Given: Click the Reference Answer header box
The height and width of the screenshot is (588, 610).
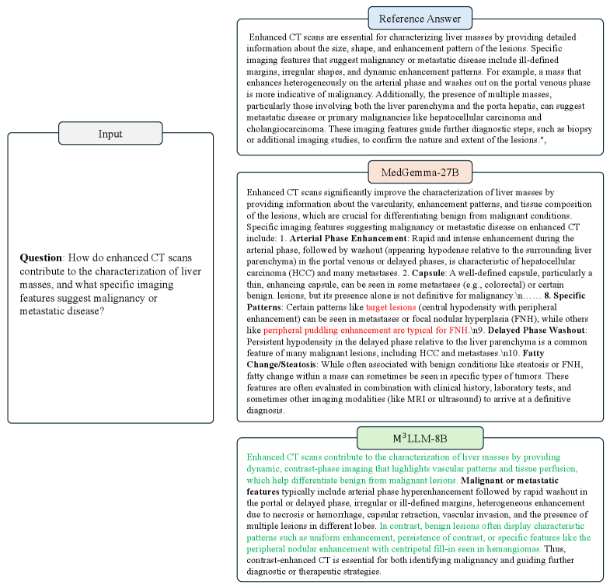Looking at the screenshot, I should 420,19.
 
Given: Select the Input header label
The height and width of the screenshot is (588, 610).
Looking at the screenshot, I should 110,134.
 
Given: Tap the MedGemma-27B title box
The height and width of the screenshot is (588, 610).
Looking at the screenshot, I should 420,172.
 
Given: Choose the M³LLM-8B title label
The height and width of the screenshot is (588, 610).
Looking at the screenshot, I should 420,438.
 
